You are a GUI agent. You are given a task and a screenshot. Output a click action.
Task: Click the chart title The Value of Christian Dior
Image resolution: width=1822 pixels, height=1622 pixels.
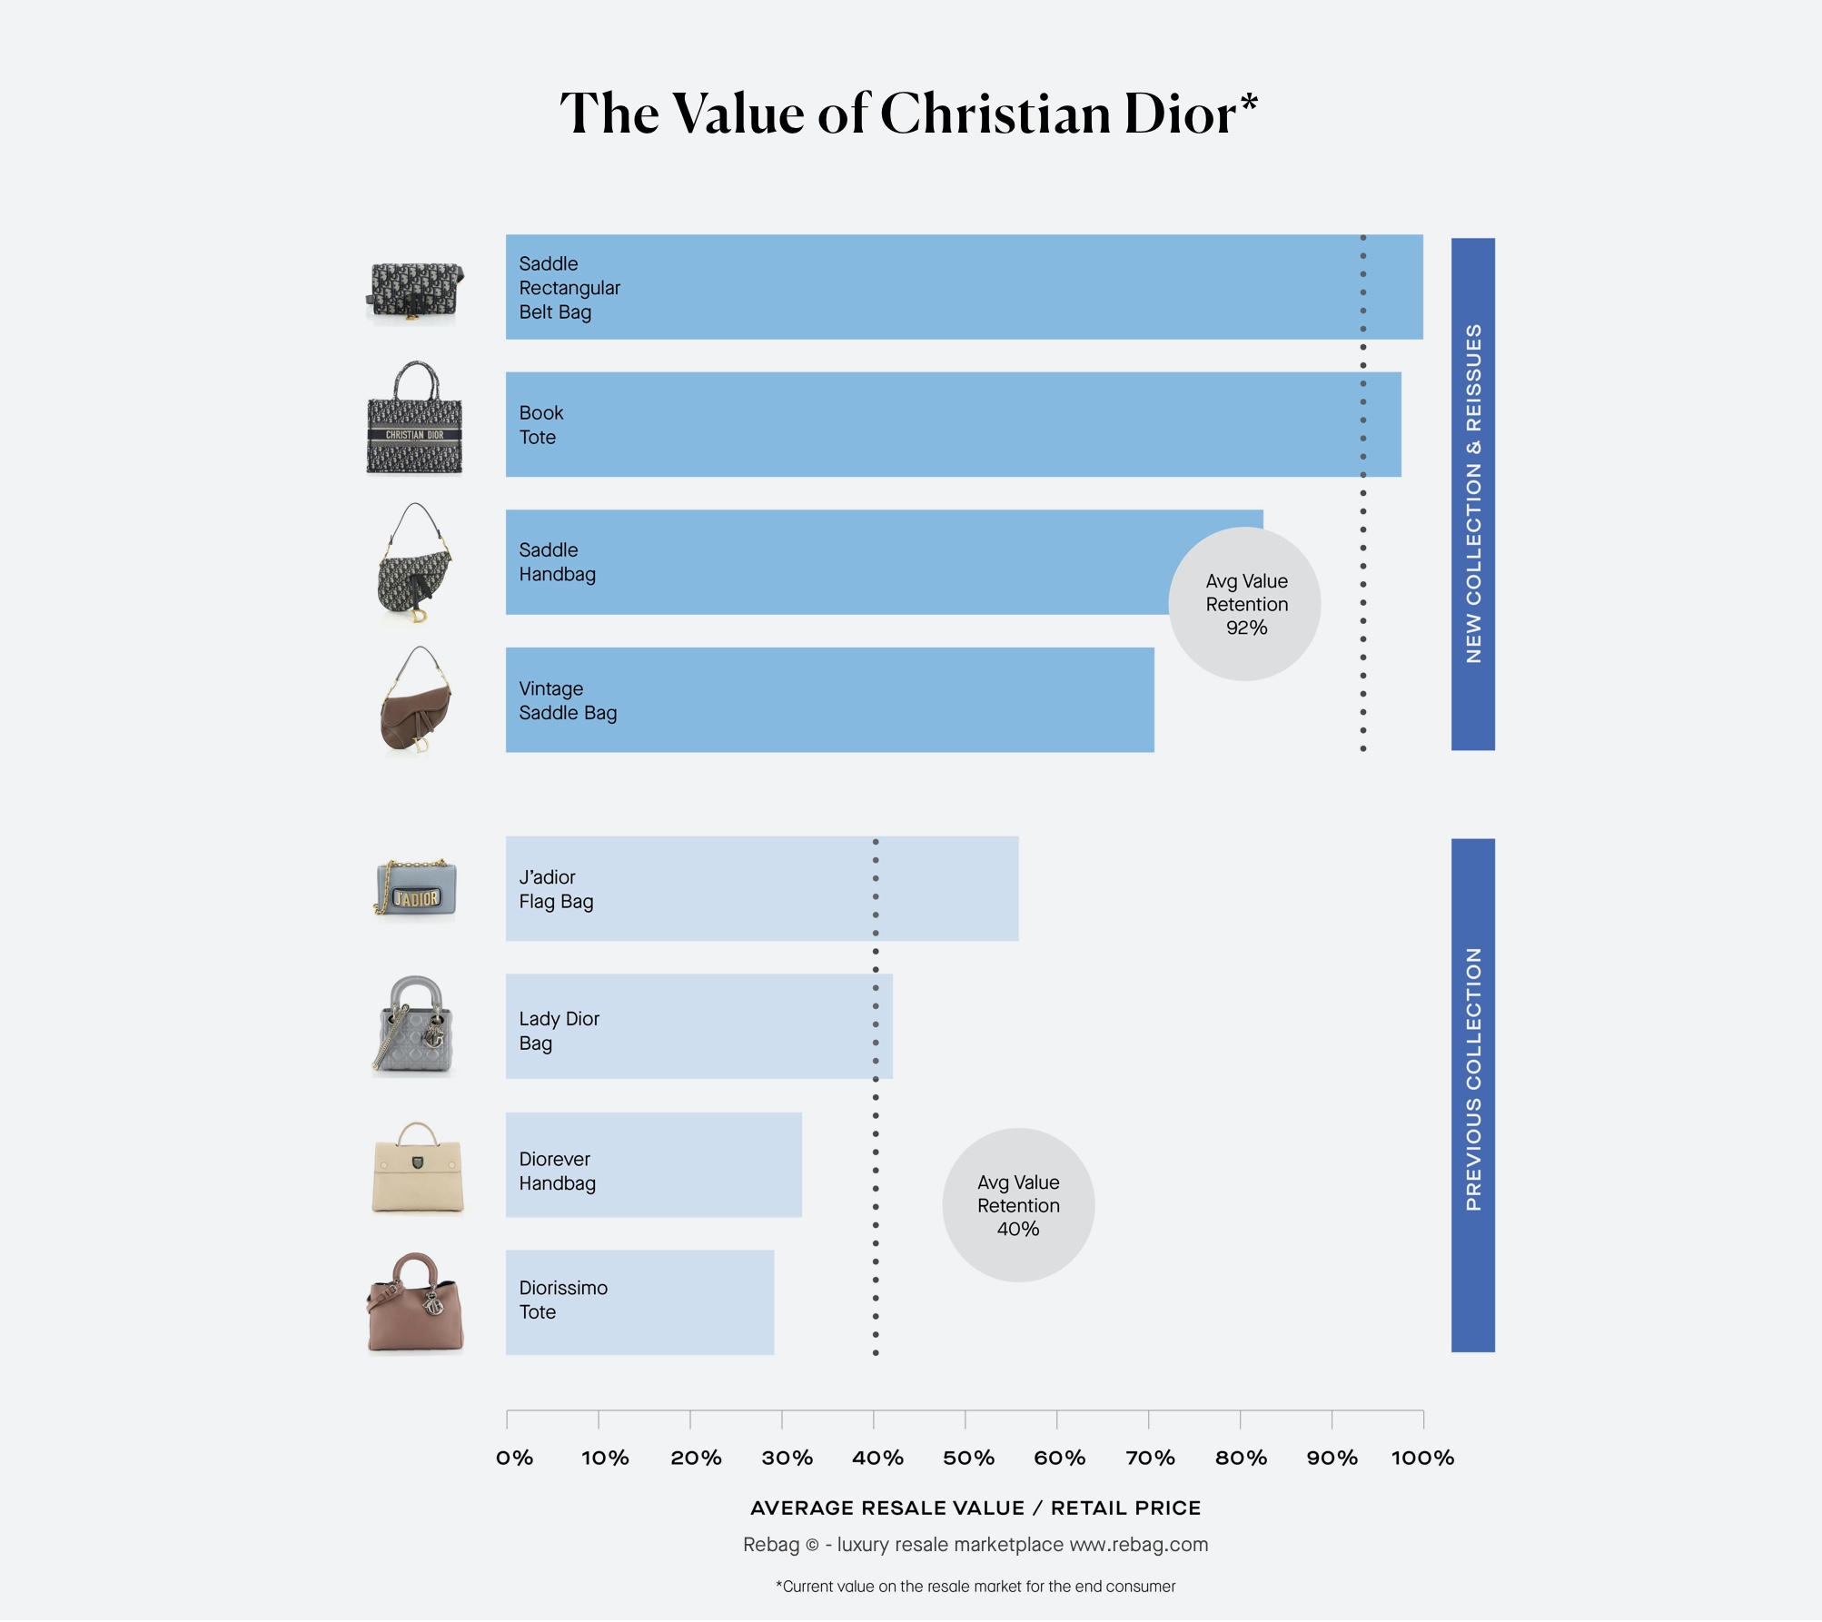pyautogui.click(x=908, y=114)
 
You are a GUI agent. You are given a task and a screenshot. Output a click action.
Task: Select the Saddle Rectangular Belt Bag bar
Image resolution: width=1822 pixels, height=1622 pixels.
pyautogui.click(x=963, y=287)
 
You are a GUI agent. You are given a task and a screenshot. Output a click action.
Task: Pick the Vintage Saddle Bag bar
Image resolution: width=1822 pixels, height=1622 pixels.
pyautogui.click(x=828, y=699)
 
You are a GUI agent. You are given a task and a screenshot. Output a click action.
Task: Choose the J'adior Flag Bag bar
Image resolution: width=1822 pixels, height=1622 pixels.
pyautogui.click(x=761, y=888)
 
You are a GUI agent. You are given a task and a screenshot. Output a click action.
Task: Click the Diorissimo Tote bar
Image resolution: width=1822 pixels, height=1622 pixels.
pyautogui.click(x=639, y=1301)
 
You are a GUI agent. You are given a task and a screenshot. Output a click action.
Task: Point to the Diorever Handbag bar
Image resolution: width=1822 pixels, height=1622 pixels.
pyautogui.click(x=653, y=1164)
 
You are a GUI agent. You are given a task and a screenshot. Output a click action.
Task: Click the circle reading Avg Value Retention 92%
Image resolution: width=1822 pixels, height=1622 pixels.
pyautogui.click(x=1245, y=604)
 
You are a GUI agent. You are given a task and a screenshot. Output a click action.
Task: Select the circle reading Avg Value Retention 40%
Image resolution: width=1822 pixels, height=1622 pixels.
pyautogui.click(x=1017, y=1204)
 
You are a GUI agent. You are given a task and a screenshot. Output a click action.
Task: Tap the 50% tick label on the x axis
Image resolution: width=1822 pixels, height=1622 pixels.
pyautogui.click(x=967, y=1458)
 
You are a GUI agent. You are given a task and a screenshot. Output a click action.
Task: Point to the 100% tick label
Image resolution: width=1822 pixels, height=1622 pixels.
pyautogui.click(x=1421, y=1458)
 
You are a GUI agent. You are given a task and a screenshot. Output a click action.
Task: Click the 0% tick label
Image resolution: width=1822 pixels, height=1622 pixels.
pyautogui.click(x=514, y=1458)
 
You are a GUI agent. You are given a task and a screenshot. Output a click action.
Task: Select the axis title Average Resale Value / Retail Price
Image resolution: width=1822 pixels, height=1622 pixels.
pyautogui.click(x=975, y=1508)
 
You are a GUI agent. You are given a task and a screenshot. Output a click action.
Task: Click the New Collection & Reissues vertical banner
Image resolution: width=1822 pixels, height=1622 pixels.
pyautogui.click(x=1472, y=493)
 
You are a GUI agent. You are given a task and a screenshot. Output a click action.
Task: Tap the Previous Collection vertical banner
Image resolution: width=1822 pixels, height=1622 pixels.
pyautogui.click(x=1472, y=1094)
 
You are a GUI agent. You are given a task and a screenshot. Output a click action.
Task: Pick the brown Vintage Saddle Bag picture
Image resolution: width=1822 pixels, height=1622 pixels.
pyautogui.click(x=415, y=701)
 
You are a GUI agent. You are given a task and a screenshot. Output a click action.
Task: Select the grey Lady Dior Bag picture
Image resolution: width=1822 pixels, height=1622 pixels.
pyautogui.click(x=414, y=1025)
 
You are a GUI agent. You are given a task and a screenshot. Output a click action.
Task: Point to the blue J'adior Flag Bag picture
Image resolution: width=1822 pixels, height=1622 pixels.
pyautogui.click(x=415, y=887)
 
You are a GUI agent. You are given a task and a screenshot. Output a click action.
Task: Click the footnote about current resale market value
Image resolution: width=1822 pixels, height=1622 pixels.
pyautogui.click(x=975, y=1586)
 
